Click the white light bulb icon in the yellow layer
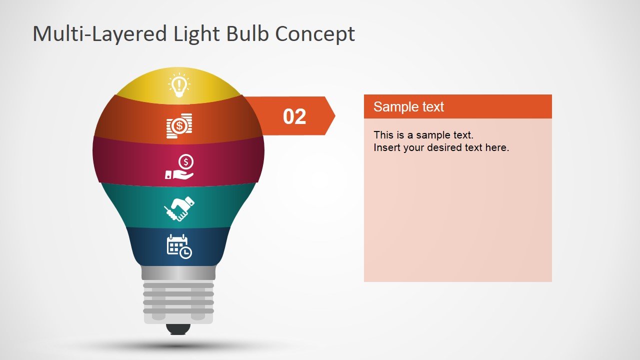[x=178, y=85]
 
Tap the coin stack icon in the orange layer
[x=179, y=125]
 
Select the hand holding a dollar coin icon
[x=179, y=167]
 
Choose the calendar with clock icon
[x=179, y=246]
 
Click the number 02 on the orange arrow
[x=294, y=116]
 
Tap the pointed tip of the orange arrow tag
[x=333, y=116]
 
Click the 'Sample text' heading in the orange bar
[x=408, y=106]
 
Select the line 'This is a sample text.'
[x=423, y=134]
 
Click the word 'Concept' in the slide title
[x=315, y=34]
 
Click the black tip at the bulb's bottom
[x=178, y=329]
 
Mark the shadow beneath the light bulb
[x=178, y=345]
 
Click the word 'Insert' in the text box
[x=385, y=147]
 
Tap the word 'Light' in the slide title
[x=196, y=34]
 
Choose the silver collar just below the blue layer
[x=178, y=273]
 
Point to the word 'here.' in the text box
[x=497, y=147]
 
